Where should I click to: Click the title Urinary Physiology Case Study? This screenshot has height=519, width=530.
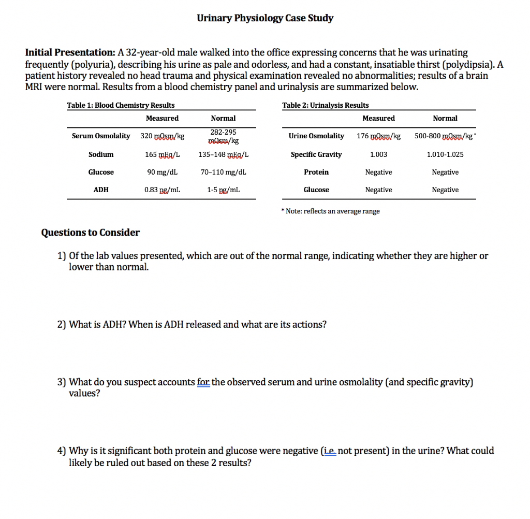[265, 18]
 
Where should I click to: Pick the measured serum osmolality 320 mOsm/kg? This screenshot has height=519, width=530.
[162, 136]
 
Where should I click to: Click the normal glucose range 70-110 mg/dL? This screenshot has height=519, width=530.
[223, 172]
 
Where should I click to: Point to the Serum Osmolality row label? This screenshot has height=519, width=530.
[101, 136]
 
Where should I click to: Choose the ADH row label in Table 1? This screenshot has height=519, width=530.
[101, 190]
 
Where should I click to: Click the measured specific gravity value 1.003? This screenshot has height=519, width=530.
[378, 154]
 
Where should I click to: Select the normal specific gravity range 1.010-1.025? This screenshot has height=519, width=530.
[445, 154]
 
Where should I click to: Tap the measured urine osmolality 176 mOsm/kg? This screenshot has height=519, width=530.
[378, 136]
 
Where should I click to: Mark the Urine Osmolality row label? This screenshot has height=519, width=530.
[316, 136]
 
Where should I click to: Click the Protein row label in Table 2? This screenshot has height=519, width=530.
[316, 172]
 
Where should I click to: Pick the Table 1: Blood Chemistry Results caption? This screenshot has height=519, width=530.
[121, 105]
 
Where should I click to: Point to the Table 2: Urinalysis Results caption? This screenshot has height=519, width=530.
[326, 105]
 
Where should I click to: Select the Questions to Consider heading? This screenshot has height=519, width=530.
[90, 233]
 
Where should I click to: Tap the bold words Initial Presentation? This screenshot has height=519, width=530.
[70, 52]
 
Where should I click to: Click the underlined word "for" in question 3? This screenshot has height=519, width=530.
[203, 382]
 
